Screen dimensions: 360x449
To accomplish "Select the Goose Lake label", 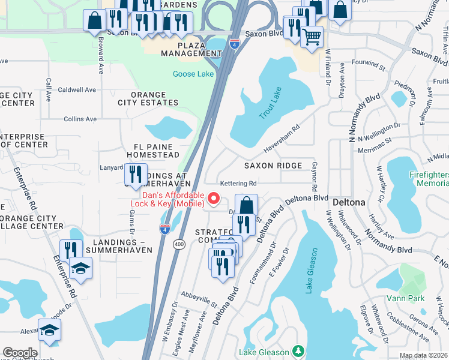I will click(193, 74).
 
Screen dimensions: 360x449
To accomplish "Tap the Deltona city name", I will click(349, 202).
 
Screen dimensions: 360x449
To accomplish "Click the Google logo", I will click(20, 353).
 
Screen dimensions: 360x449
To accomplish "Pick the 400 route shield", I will click(179, 244).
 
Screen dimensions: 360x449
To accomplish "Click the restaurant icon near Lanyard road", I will click(135, 175).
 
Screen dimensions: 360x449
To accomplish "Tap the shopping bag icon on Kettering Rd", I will click(246, 205).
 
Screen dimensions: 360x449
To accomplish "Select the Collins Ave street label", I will click(80, 119).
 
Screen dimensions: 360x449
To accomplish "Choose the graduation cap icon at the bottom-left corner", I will click(49, 329).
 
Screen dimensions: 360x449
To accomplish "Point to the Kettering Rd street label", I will click(238, 183).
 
